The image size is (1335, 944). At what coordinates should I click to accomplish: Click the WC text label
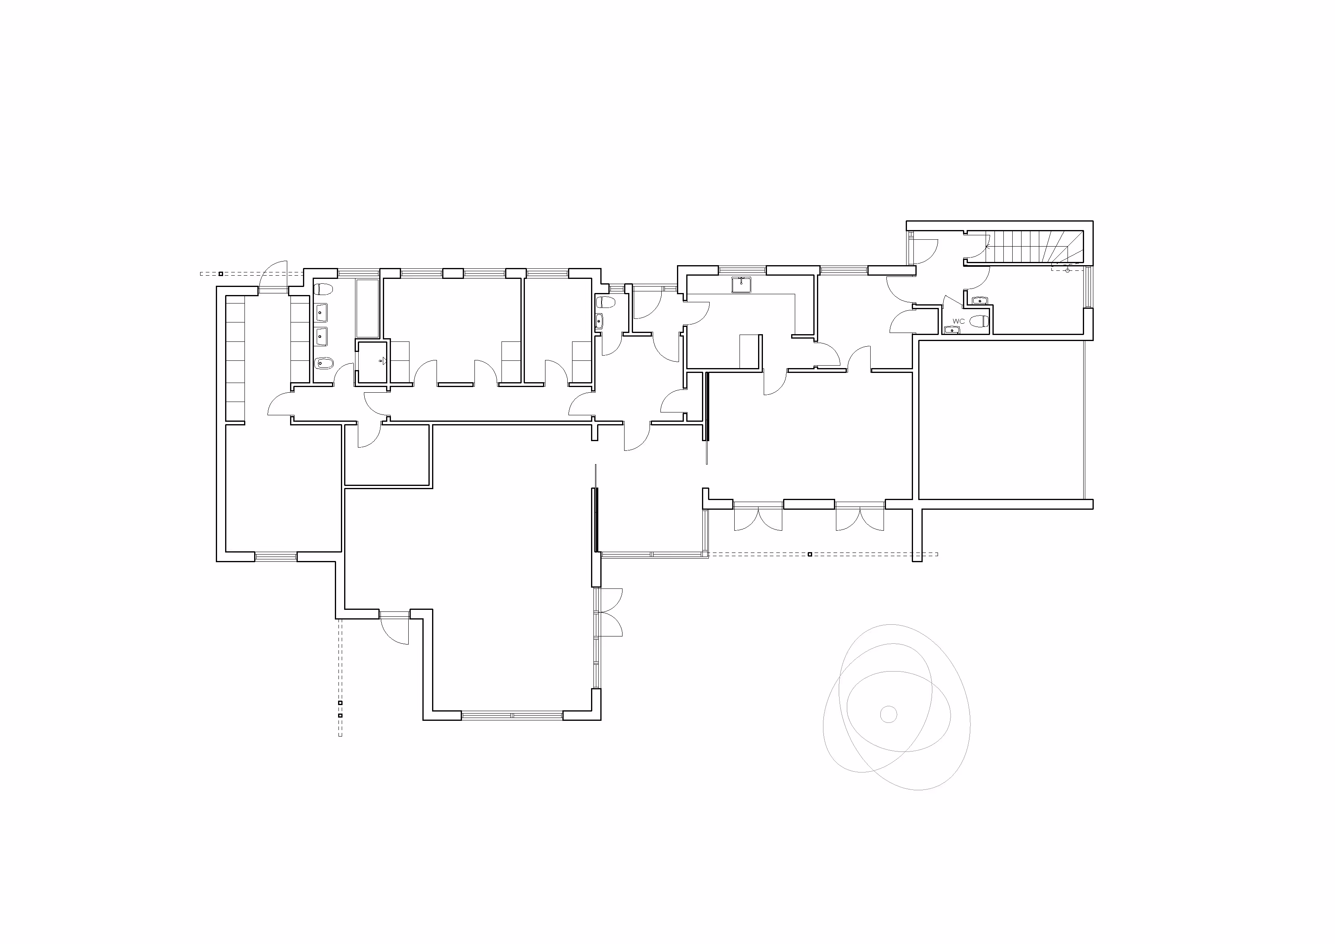[958, 321]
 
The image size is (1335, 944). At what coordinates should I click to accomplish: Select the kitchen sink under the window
[742, 285]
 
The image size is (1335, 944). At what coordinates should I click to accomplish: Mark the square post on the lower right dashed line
[810, 554]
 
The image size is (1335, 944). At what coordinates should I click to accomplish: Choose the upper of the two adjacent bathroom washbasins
[321, 312]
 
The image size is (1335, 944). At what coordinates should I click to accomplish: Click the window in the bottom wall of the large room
[512, 715]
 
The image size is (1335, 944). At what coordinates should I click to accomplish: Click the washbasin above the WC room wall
[980, 301]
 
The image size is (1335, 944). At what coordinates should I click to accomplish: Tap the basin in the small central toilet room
[599, 321]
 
